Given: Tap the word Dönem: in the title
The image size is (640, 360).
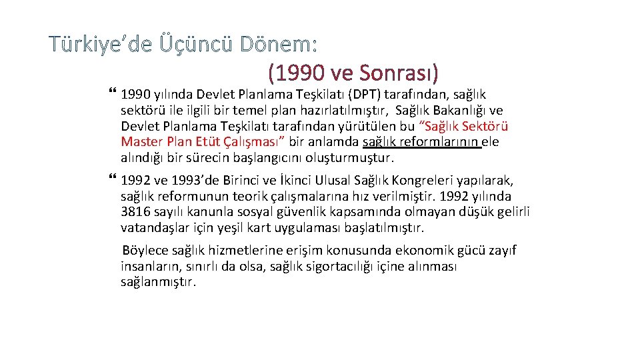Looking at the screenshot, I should tap(279, 45).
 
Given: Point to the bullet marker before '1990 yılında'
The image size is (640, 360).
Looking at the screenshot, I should tap(111, 94).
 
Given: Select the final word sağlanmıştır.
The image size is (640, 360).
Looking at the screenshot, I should tap(159, 283).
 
